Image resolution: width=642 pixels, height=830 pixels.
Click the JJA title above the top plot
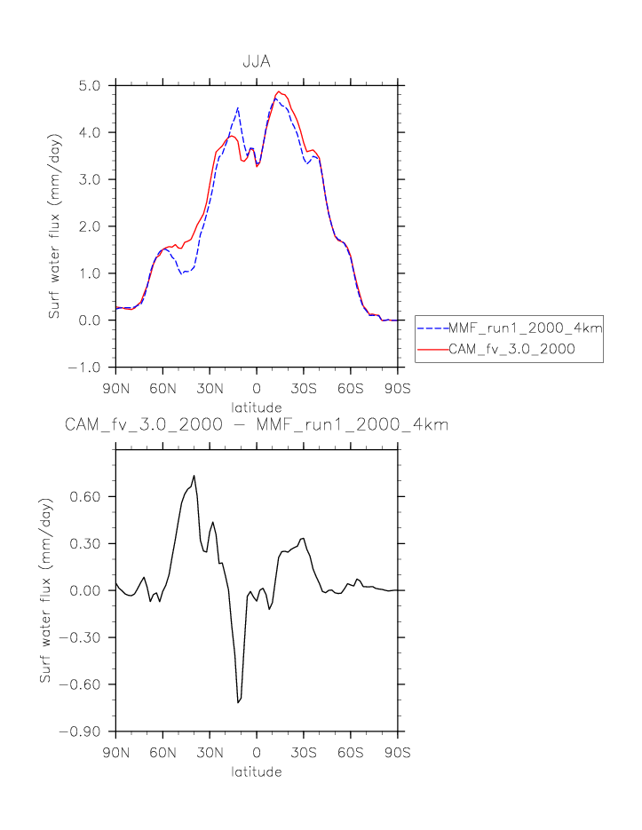pos(257,63)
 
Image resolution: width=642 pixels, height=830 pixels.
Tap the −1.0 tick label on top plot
pos(88,368)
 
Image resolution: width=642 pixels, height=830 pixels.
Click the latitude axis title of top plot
pos(257,406)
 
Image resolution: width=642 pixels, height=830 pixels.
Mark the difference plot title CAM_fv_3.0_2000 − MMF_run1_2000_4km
pos(257,425)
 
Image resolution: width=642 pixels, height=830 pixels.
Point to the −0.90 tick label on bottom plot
pos(84,731)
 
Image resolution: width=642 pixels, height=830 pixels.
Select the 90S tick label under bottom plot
pos(397,751)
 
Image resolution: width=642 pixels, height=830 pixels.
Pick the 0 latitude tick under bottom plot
pos(257,751)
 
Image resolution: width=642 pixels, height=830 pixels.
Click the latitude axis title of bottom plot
pos(257,771)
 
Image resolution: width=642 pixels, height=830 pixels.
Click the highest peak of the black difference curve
pos(194,475)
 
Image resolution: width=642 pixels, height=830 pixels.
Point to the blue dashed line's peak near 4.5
pos(238,107)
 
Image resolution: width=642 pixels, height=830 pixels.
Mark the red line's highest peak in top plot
pos(278,91)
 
